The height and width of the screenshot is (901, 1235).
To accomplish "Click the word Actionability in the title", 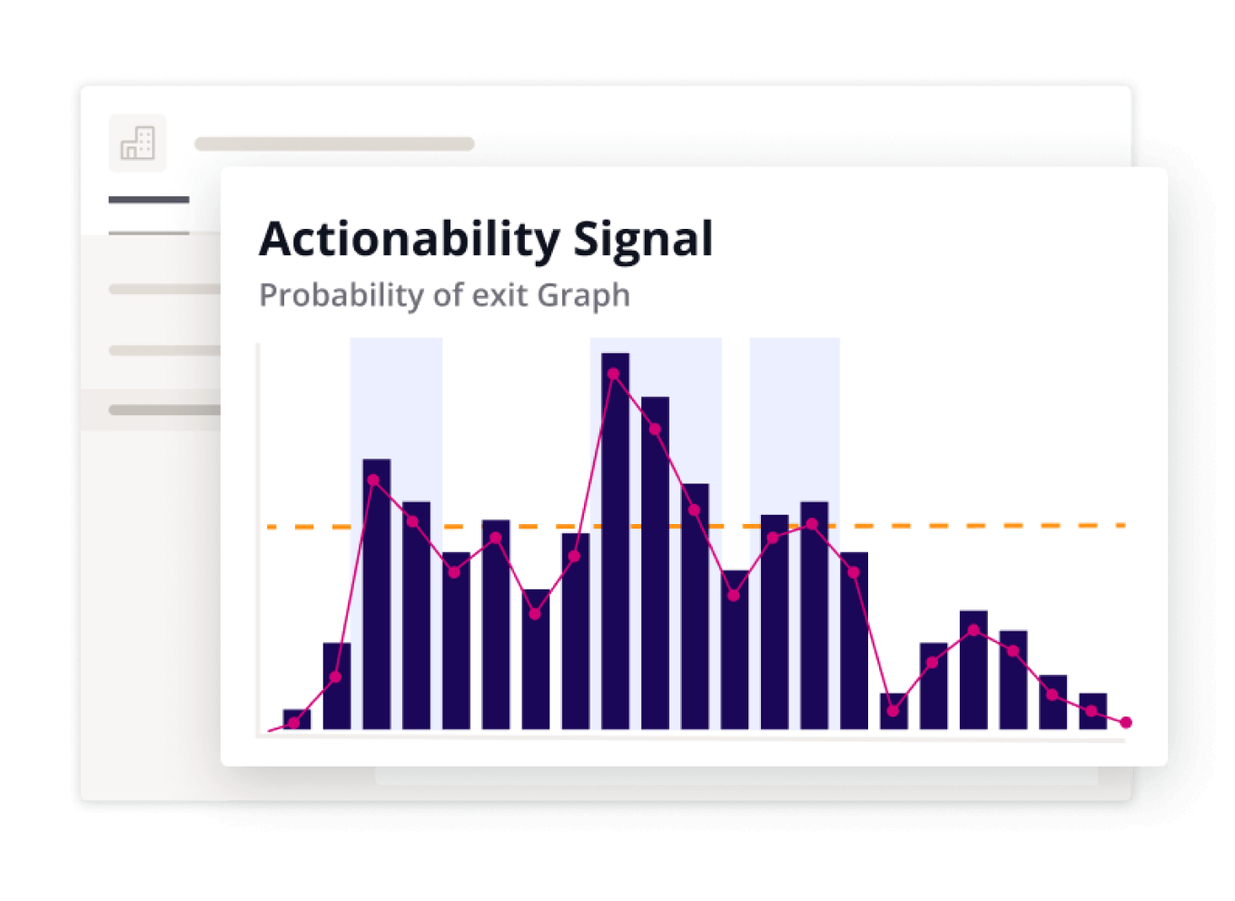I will pos(410,240).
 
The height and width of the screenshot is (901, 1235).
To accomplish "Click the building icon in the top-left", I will pos(138,144).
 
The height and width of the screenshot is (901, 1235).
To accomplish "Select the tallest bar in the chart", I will pos(615,545).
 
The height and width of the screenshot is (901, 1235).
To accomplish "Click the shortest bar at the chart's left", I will pos(297,719).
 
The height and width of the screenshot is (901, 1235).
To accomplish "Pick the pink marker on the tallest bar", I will pos(614,373).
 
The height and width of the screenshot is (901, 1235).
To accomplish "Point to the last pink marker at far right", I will pos(1126,722).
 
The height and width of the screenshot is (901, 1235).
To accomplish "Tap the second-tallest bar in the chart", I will pos(655,563).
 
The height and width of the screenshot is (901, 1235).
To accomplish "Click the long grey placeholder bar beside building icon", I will pos(334,144).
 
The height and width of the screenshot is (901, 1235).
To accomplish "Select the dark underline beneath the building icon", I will pos(149,200).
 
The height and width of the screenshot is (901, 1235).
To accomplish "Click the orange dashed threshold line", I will pos(999,526).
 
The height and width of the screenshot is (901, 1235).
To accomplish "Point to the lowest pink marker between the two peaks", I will pos(535,614).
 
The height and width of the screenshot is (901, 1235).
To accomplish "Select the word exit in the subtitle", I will pos(501,295).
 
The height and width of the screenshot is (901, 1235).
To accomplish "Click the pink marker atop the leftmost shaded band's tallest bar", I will pos(373,480).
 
